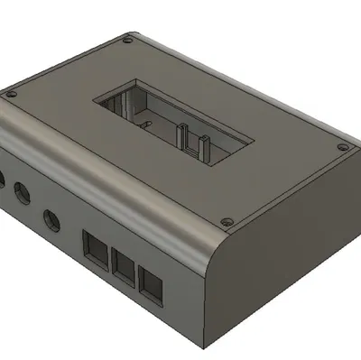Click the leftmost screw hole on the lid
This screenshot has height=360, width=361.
coord(12,91)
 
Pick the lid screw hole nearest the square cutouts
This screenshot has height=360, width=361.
coord(227,219)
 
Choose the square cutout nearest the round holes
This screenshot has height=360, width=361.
coord(94,245)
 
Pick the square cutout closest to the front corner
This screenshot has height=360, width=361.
coord(153,288)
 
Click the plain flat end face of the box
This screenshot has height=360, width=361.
coord(289,262)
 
